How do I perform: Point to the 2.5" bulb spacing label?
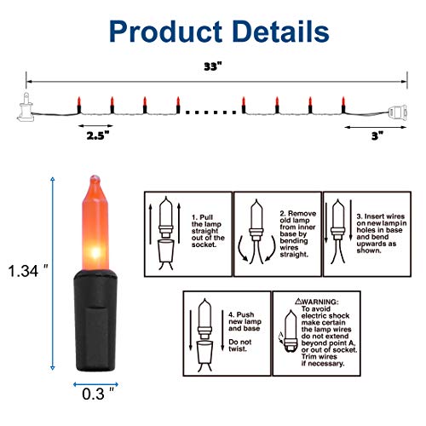click(x=98, y=134)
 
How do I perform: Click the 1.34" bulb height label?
click(x=26, y=272)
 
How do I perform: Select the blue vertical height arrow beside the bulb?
click(x=53, y=272)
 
